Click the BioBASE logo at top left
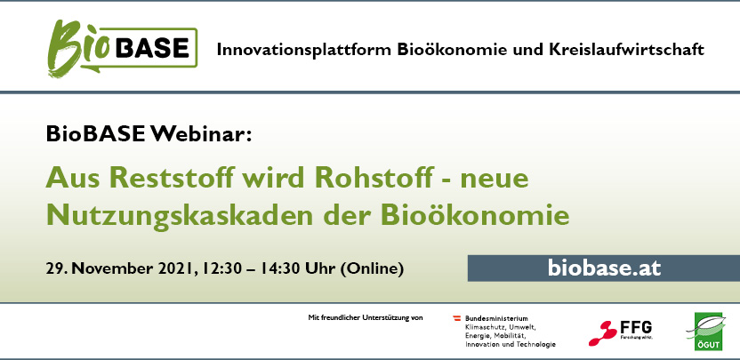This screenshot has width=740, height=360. pyautogui.click(x=122, y=48)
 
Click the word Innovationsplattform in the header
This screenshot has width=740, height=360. pyautogui.click(x=304, y=50)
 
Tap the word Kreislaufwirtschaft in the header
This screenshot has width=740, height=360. pyautogui.click(x=626, y=49)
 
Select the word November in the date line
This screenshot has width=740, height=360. pyautogui.click(x=112, y=269)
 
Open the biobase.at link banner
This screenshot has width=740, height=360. pyautogui.click(x=604, y=268)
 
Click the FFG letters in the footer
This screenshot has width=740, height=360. pyautogui.click(x=636, y=327)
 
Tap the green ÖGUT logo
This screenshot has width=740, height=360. pyautogui.click(x=708, y=332)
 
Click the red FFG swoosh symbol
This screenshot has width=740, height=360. pyautogui.click(x=603, y=333)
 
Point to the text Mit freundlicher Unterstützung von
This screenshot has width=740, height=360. pyautogui.click(x=366, y=317)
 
